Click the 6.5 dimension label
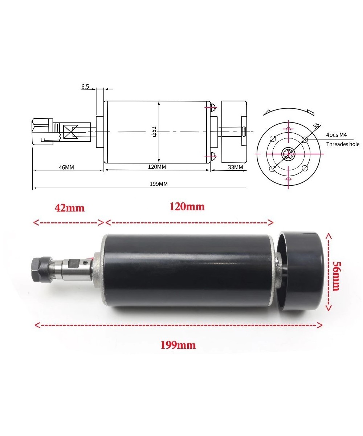85,86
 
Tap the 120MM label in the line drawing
157,167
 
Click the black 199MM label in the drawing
159,184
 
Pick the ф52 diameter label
154,132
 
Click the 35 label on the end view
316,126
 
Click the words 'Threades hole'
343,144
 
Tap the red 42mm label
69,208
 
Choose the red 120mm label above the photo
187,206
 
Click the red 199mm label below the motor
178,345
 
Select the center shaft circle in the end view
289,154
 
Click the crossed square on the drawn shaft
70,132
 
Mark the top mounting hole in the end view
289,129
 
